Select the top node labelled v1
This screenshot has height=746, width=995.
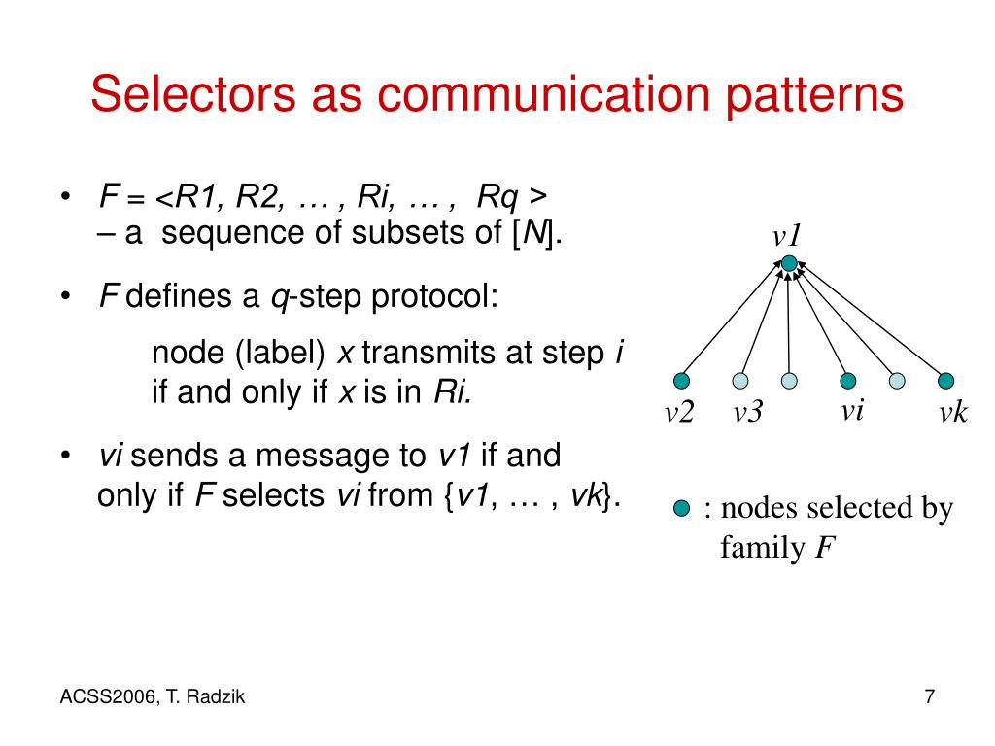[789, 263]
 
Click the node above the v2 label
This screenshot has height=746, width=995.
[682, 380]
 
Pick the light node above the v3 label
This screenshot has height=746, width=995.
[741, 380]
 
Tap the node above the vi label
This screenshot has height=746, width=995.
[848, 380]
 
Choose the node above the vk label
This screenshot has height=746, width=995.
[946, 380]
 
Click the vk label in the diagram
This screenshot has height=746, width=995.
[952, 413]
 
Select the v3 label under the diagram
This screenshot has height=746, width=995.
[748, 413]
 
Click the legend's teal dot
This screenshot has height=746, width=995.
[682, 508]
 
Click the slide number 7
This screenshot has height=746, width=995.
[930, 696]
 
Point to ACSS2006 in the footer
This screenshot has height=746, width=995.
[100, 696]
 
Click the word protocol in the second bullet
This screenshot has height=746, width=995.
[434, 297]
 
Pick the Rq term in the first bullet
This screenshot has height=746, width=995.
[497, 198]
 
